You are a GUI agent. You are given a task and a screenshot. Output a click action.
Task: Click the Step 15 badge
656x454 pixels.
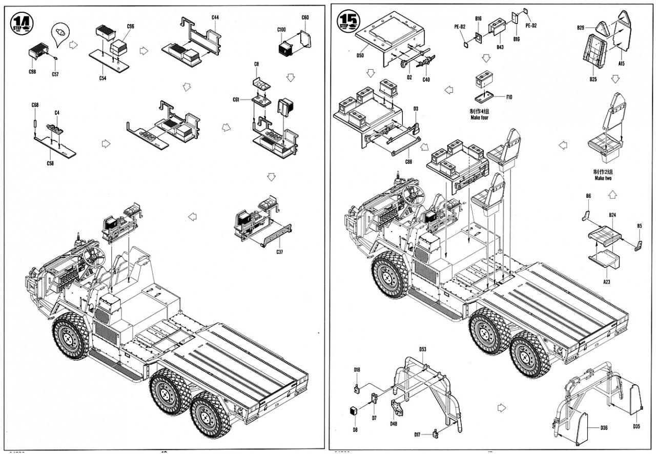[x=348, y=20]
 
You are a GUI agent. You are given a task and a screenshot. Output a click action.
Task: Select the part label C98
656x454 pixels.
[x=32, y=71]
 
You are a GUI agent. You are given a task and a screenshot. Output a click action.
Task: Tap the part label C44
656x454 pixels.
[x=215, y=17]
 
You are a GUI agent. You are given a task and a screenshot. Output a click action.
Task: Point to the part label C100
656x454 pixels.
[x=281, y=30]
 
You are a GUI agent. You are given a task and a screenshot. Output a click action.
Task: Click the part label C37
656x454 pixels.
[x=280, y=252]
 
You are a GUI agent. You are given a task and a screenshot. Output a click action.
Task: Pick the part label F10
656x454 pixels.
[x=509, y=97]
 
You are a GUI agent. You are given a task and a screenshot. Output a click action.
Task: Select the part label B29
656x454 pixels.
[x=581, y=27]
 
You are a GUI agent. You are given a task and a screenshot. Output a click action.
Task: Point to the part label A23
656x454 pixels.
[x=606, y=282]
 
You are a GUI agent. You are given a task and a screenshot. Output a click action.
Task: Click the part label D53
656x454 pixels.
[x=423, y=349]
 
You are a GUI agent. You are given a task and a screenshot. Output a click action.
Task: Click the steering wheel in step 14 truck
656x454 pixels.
[x=95, y=254]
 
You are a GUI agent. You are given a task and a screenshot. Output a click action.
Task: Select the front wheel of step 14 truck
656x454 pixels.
[x=71, y=336]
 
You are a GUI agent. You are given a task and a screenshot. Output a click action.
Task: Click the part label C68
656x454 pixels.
[x=35, y=105]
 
